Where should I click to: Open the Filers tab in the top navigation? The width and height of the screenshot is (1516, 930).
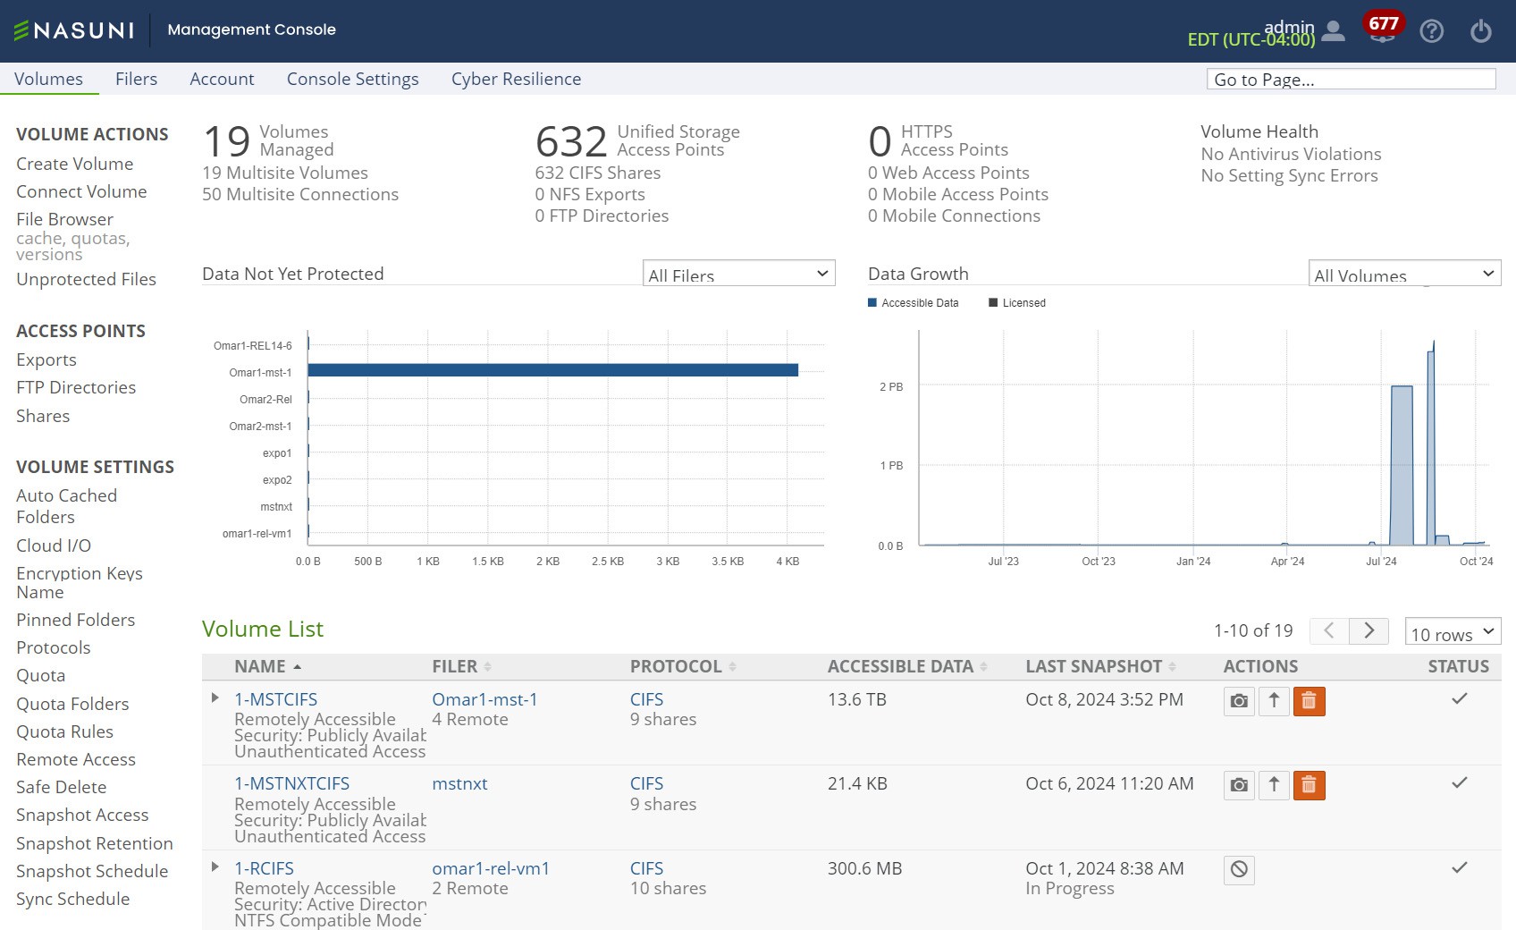pos(136,80)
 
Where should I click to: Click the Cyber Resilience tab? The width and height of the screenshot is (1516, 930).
pos(516,80)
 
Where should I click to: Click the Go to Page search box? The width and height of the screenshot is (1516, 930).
pos(1351,80)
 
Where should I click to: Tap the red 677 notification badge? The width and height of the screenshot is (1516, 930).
pos(1384,23)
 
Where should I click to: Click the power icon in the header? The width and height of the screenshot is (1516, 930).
pos(1481,31)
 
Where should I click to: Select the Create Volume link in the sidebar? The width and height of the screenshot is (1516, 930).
pos(74,164)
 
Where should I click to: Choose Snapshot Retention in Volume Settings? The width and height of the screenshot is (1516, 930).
pos(95,843)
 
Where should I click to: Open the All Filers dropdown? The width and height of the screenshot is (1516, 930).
pos(738,274)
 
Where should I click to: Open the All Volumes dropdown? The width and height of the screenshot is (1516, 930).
pos(1404,274)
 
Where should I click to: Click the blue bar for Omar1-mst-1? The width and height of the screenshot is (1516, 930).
pos(553,370)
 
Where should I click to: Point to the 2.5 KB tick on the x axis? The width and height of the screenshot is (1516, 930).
pos(608,561)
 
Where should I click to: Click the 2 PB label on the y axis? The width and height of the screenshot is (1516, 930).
pos(891,387)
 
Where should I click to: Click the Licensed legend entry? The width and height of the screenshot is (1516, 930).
pos(1017,302)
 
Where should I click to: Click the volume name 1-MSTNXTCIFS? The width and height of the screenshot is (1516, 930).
pos(291,784)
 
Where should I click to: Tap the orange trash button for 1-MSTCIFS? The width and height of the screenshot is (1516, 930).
pos(1309,701)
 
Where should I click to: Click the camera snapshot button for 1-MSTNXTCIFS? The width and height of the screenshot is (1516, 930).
pos(1239,785)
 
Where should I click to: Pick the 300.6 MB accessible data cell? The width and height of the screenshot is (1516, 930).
pos(865,868)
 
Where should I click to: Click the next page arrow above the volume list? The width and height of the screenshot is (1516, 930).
pos(1369,630)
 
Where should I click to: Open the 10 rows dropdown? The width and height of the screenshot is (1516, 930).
pos(1453,631)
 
